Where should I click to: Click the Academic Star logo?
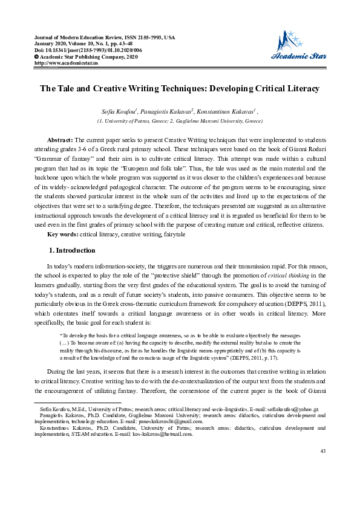(x=299, y=48)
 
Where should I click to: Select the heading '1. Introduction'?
(x=71, y=250)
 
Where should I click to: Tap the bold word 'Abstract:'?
(x=60, y=140)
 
